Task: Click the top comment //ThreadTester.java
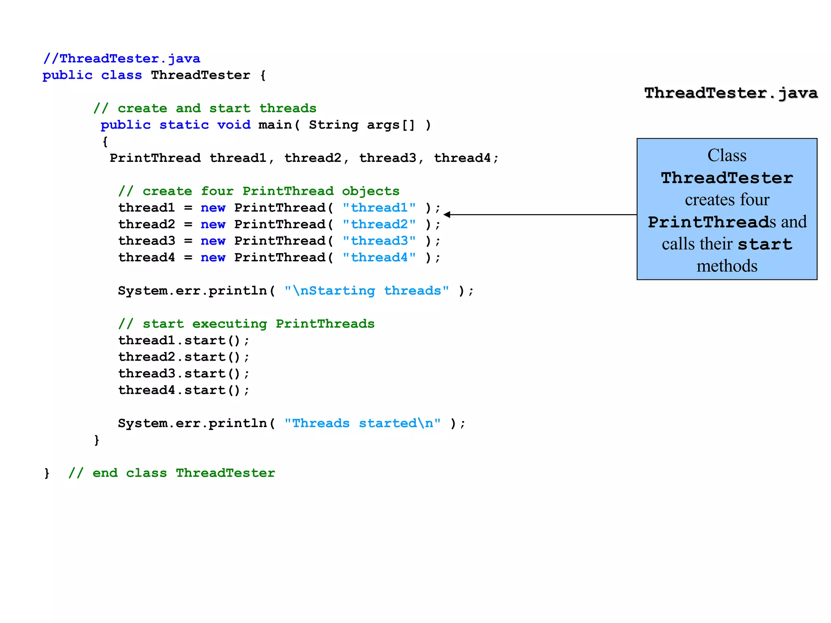122,59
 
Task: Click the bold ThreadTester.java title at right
731,93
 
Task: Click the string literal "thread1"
379,208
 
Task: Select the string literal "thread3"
379,241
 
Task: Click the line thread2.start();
183,357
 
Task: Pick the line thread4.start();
183,390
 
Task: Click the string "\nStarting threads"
366,291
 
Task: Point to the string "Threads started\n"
362,423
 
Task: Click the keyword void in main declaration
234,125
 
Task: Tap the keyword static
184,125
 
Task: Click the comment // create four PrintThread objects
258,191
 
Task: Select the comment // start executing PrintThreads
246,324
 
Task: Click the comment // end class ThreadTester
172,473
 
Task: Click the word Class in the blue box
727,156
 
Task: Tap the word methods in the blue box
727,266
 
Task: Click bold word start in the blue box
764,245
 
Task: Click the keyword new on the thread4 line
213,258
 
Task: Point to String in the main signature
334,125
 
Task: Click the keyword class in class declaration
121,75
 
